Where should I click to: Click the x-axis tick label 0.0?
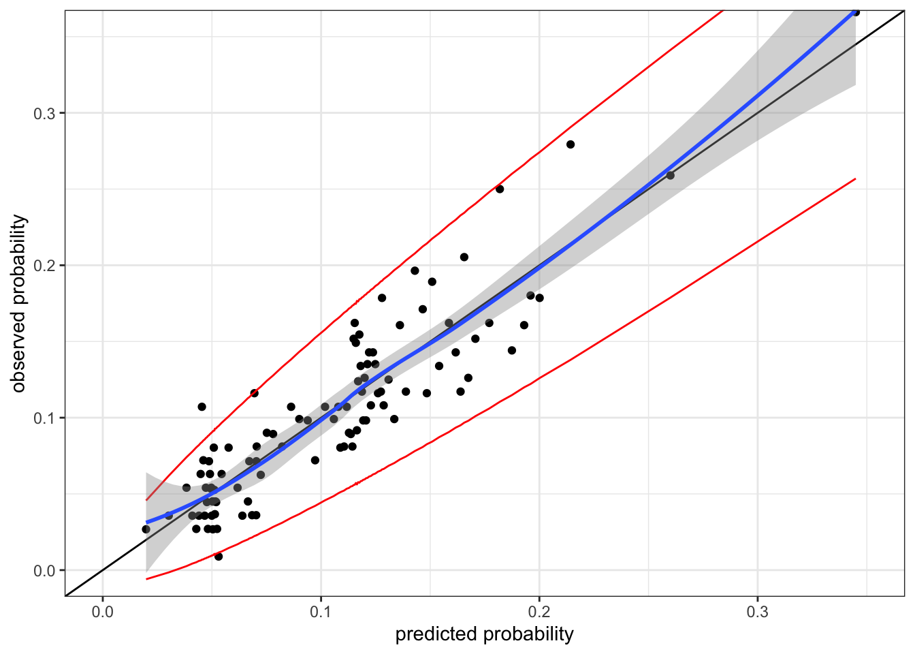tap(102, 612)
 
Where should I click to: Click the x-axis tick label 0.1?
tap(321, 612)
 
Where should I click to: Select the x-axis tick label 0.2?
tap(539, 612)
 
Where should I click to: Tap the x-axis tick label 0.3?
tap(757, 612)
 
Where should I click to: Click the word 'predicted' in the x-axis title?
tap(436, 634)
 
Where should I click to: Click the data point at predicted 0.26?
tap(670, 175)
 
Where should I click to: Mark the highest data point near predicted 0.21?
tap(571, 144)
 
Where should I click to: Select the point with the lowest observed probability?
tap(219, 557)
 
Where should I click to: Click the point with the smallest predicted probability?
tap(146, 529)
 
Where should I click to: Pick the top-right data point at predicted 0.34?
tap(856, 12)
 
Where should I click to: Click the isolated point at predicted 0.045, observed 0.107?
tap(202, 407)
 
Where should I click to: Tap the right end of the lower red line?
tap(855, 178)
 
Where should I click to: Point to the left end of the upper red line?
tap(146, 500)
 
